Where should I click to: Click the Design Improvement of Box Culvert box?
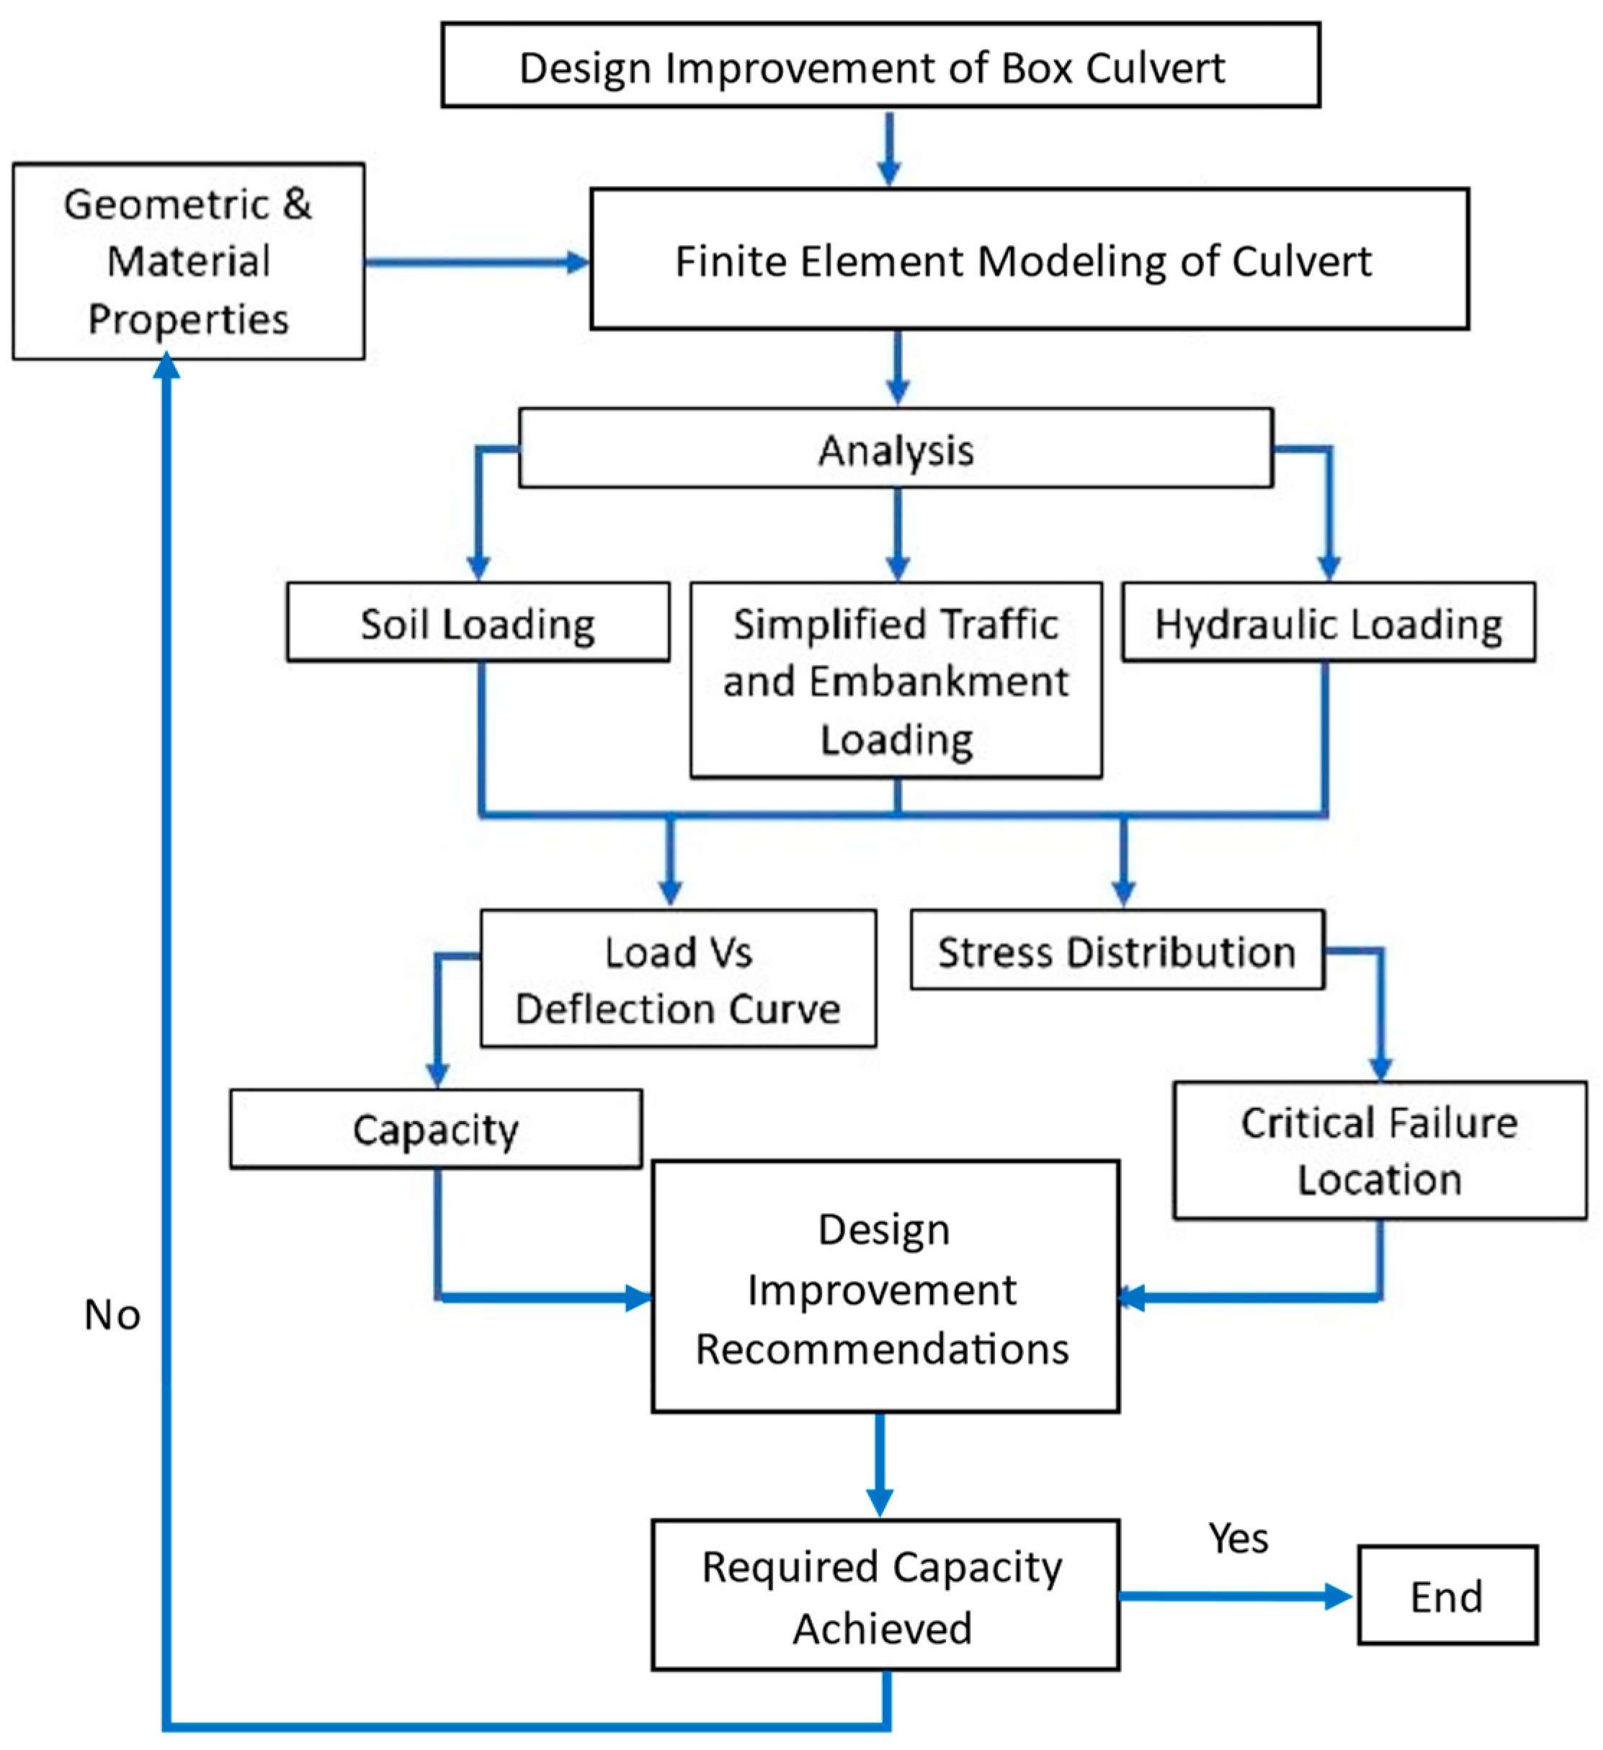point(880,66)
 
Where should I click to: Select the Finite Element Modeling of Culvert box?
point(1029,259)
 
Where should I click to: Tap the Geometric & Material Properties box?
point(188,262)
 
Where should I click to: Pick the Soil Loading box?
point(478,622)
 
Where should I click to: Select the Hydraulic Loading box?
point(1327,622)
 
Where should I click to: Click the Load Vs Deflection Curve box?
point(678,978)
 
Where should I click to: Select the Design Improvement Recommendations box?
point(885,1287)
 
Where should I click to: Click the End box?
point(1446,1596)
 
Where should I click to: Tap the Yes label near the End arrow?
point(1238,1538)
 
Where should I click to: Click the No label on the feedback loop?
point(112,1315)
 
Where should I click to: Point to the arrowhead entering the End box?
point(1340,1596)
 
